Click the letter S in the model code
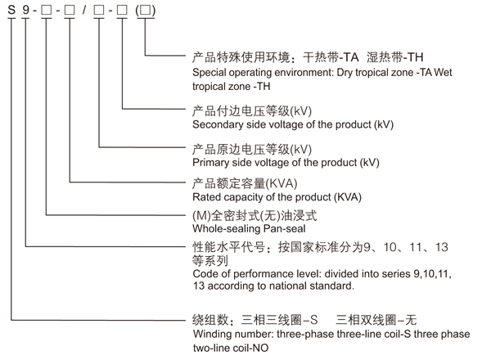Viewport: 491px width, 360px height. tap(11, 10)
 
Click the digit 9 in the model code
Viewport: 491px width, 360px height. tap(25, 10)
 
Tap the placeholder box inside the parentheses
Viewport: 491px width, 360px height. tap(146, 11)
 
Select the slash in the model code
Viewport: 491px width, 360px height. tap(84, 11)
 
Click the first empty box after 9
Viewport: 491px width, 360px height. tap(46, 11)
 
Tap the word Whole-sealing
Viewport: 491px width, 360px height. tap(227, 229)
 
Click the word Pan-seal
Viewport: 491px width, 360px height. tap(284, 229)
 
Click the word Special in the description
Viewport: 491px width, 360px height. tap(209, 73)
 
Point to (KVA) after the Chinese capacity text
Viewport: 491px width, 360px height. tap(282, 183)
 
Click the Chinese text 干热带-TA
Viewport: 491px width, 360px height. tap(331, 57)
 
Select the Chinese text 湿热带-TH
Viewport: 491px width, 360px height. tap(395, 57)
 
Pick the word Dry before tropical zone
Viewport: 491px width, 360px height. tap(345, 73)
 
